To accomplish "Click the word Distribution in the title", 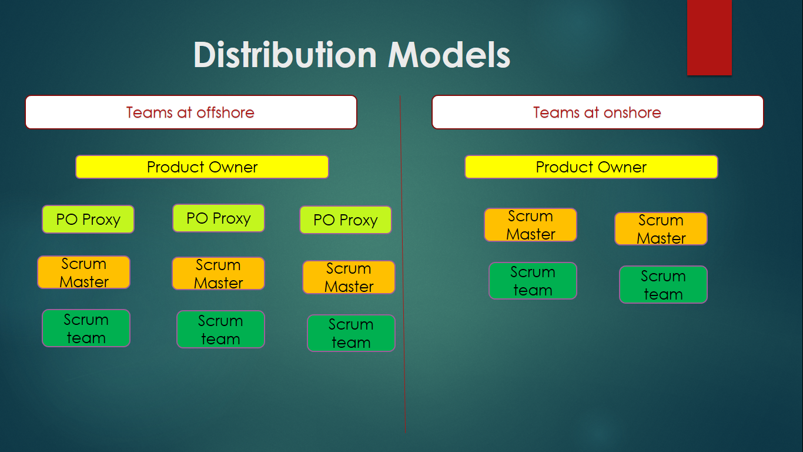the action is coord(285,55).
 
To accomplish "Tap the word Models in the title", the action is coord(449,55).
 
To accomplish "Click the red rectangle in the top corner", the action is coord(710,37).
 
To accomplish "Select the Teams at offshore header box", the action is coord(191,112).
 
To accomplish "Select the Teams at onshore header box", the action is coord(598,112).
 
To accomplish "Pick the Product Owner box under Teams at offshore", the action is coord(202,167).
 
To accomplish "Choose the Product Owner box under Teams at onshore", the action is coord(591,167).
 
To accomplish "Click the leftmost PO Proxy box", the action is coord(88,220).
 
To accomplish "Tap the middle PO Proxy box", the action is coord(219,218).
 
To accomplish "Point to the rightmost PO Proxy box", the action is coord(346,220).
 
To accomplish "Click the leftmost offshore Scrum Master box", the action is coord(84,272).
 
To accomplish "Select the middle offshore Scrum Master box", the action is coord(218,274).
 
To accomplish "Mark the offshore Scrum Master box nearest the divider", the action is coord(349,277).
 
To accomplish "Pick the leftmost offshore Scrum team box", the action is coord(86,328).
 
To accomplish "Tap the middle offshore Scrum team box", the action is coord(221,330).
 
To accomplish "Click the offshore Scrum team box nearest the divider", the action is coord(352,333).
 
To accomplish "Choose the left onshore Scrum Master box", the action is coord(531,225).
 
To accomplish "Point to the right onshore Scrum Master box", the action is coord(661,229).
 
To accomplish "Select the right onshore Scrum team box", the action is coord(663,285).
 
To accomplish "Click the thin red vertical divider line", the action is coord(403,264).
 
